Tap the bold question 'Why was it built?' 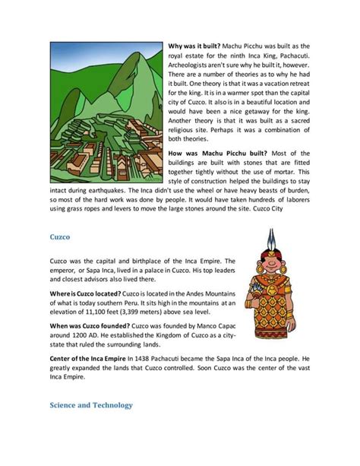[x=195, y=46]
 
